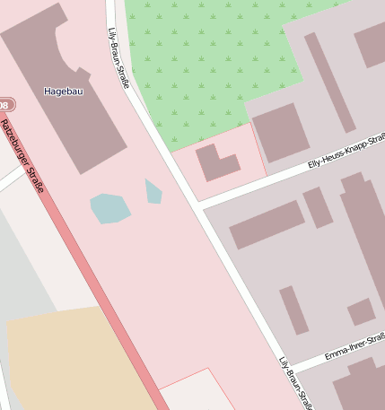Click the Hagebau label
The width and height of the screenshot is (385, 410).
point(63,91)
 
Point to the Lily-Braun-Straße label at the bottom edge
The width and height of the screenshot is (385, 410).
point(295,384)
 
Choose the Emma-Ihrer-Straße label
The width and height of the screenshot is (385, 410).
point(354,345)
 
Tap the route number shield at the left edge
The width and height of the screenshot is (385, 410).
point(6,106)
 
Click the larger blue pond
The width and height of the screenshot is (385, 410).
point(109,208)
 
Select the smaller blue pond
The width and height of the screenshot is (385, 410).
point(153,191)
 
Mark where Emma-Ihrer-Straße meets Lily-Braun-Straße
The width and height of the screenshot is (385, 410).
point(288,366)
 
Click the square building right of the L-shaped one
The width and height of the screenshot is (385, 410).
point(279,133)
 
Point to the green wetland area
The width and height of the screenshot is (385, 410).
point(206,63)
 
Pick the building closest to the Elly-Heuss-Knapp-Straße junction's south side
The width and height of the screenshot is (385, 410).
point(267,223)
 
